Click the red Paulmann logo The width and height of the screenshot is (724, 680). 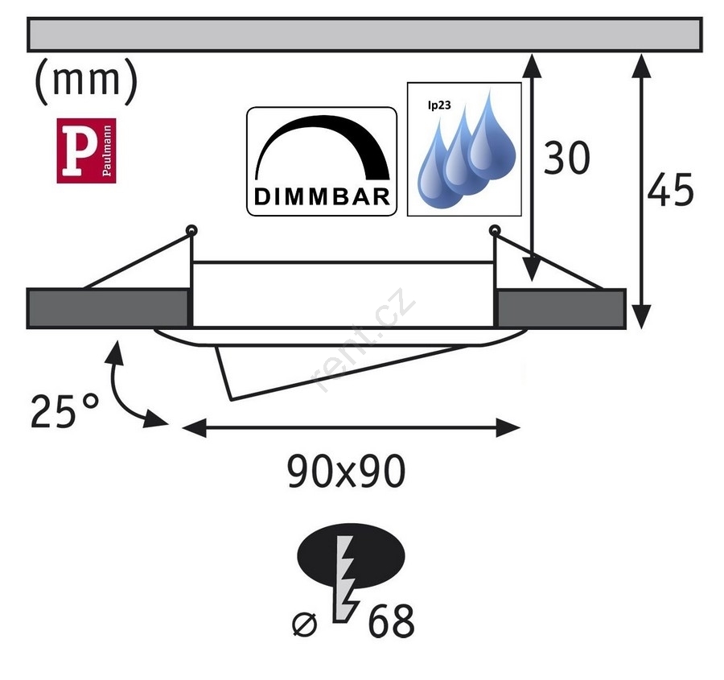tap(86, 150)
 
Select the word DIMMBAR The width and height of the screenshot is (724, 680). tap(323, 196)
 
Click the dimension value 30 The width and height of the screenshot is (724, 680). tap(567, 159)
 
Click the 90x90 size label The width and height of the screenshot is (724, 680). tap(346, 473)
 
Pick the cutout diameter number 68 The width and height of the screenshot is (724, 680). tap(392, 621)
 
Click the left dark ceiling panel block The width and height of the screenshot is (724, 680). tap(108, 308)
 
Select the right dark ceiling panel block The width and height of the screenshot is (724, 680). tap(562, 308)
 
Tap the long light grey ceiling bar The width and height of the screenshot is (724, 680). tap(365, 34)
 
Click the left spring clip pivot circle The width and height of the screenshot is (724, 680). tap(191, 232)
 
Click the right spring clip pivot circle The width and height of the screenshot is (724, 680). tap(495, 232)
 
